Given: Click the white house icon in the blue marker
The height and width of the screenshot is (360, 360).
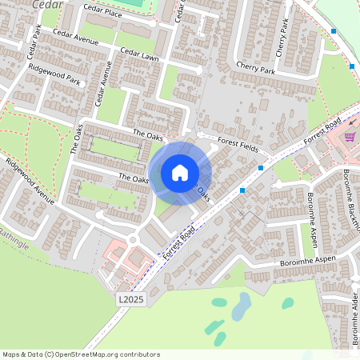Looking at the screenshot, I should [x=180, y=172].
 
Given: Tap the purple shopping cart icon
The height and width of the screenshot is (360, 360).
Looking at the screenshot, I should [x=350, y=136].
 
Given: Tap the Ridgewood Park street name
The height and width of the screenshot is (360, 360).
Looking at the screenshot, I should [x=54, y=74].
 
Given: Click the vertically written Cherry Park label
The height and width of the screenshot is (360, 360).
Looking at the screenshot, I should [x=281, y=38].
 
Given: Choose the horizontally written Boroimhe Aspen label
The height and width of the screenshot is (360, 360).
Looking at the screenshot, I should [x=307, y=262].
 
